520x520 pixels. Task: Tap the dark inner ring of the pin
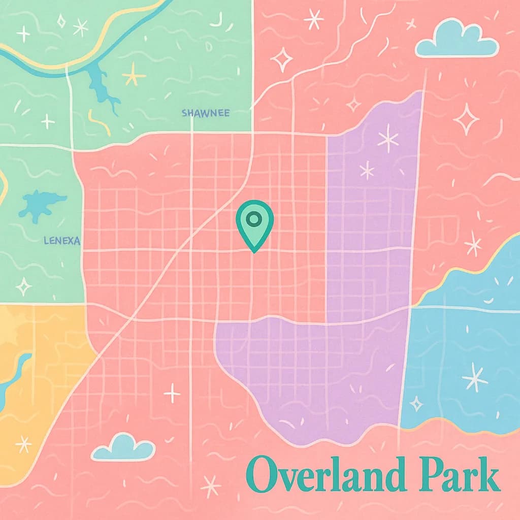click(x=254, y=219)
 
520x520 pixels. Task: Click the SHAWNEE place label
click(x=205, y=113)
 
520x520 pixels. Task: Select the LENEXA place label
click(x=62, y=241)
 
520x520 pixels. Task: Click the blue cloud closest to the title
click(x=123, y=447)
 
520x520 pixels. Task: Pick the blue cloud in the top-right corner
click(x=457, y=40)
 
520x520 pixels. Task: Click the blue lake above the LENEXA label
click(x=41, y=205)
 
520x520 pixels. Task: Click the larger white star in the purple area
click(x=388, y=138)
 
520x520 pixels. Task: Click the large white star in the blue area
click(x=475, y=377)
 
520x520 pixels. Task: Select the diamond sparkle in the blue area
click(x=416, y=404)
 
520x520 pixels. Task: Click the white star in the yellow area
click(x=23, y=444)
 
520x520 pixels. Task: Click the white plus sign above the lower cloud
click(x=172, y=393)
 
